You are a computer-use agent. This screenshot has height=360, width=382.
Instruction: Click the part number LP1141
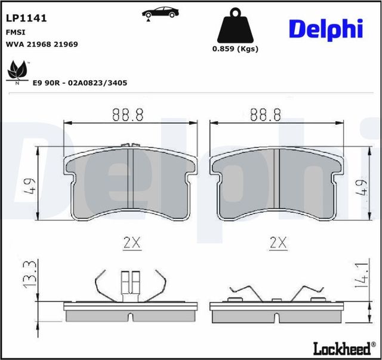pos(26,18)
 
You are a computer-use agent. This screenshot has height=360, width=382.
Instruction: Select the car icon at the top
pos(160,13)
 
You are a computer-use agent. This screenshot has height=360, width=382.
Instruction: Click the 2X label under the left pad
pos(131,243)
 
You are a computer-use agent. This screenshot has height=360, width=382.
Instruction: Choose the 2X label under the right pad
pos(278,243)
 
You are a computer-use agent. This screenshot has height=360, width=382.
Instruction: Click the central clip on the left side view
pos(130,285)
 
